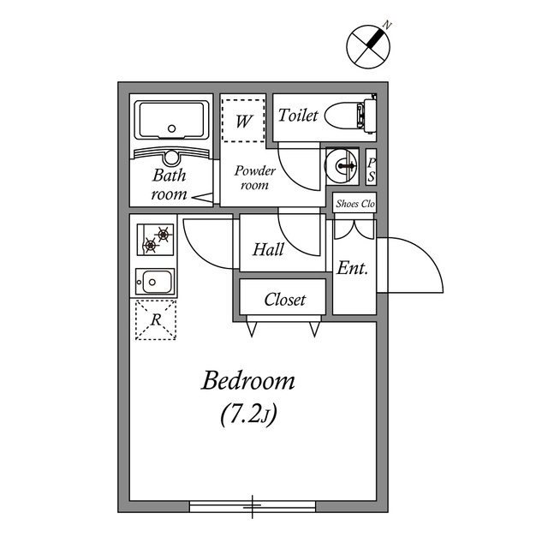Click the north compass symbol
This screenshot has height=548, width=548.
pos(368,46)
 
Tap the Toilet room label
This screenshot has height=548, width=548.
pos(298,116)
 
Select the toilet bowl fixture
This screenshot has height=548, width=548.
pos(350,115)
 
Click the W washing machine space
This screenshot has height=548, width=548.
pos(243,121)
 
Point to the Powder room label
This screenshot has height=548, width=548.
pos(255,177)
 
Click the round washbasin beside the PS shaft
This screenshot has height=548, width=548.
pos(342,165)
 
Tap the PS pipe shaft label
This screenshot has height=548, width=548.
pos(372,170)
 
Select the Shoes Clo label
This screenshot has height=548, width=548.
pos(354,204)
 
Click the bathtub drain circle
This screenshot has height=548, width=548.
pos(171,128)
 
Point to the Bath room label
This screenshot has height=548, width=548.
pos(170,185)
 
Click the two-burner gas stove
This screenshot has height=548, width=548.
pos(155,240)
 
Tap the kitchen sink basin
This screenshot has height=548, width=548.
pos(155,282)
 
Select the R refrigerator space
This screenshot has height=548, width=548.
pos(156,319)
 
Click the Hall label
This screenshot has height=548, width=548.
pos(268,249)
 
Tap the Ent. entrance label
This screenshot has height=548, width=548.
pos(352,268)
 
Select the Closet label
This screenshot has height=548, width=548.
pos(285,300)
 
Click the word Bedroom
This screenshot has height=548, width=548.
pos(248,380)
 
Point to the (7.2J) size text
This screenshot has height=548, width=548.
pos(248,414)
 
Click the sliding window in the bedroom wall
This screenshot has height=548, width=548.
pos(253,506)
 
